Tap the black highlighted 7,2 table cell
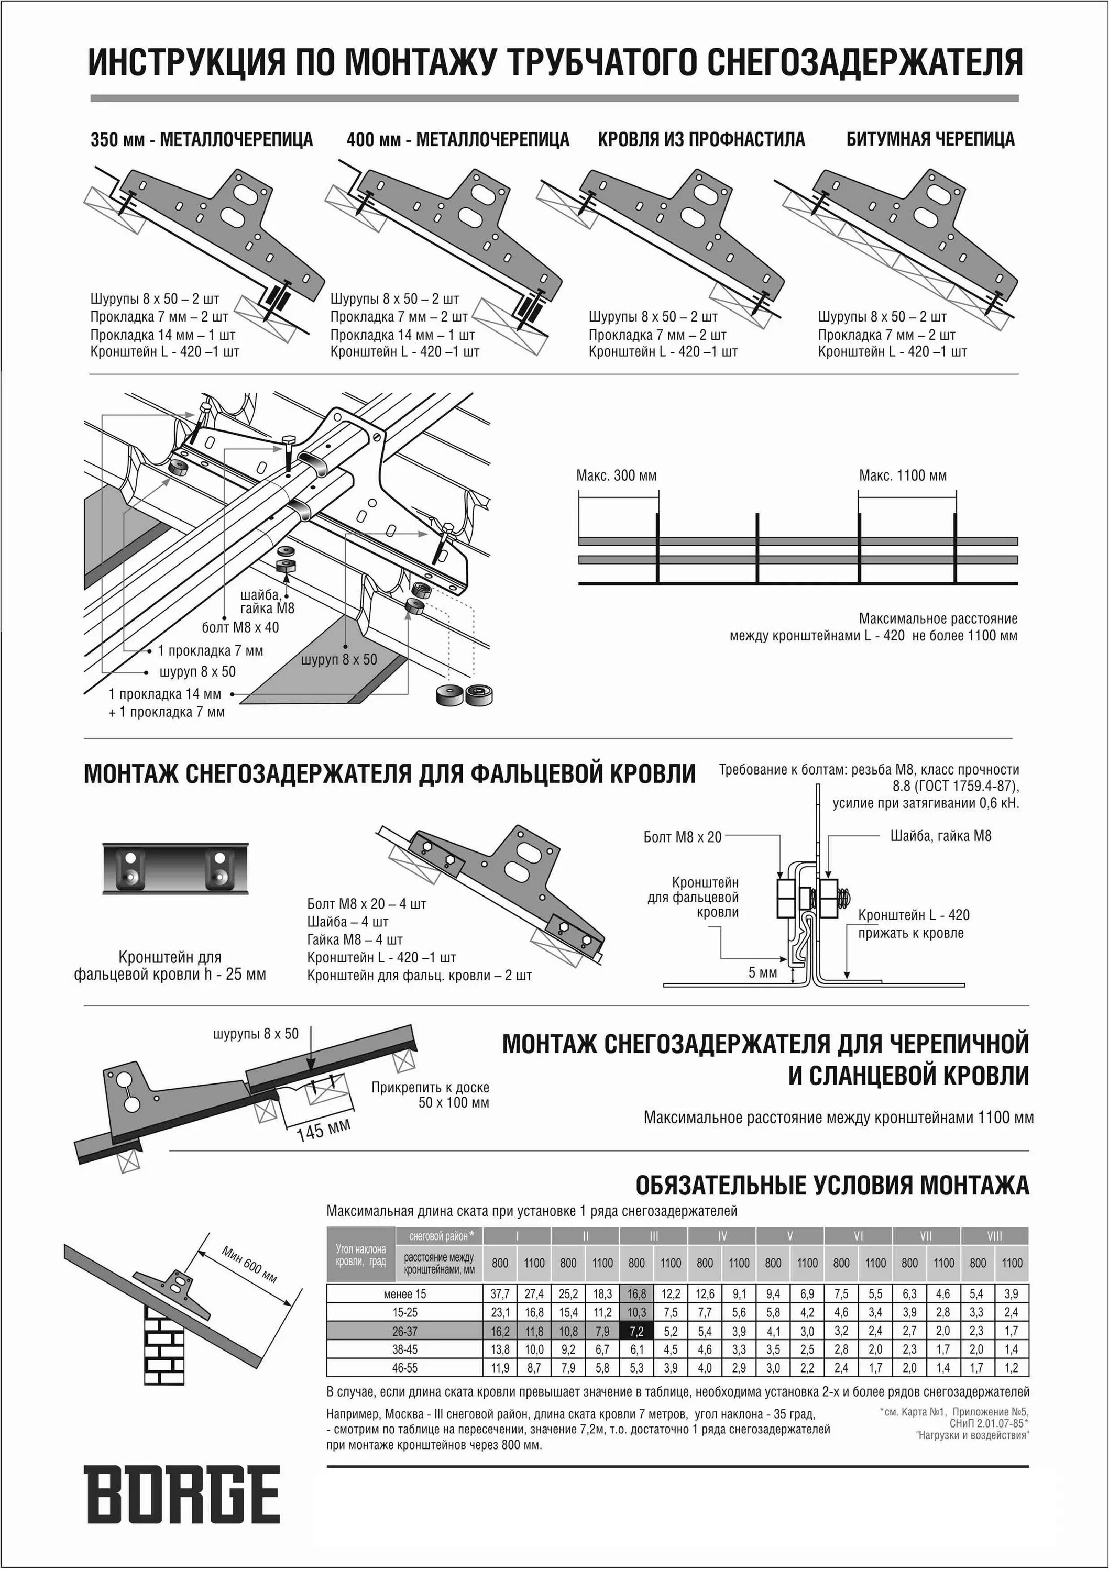636,1331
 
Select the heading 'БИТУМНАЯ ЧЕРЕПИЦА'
930,140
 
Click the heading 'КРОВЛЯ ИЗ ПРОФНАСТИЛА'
701,140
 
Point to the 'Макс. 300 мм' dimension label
616,475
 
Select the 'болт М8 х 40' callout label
240,627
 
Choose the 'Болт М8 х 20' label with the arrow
683,837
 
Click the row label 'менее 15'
404,1294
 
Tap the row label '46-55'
404,1368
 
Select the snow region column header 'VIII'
994,1236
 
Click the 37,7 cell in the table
500,1294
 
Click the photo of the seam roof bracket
175,868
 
